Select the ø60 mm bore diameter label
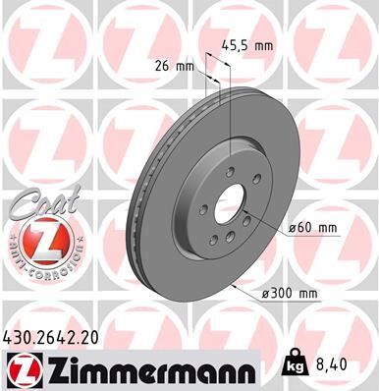314,228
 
